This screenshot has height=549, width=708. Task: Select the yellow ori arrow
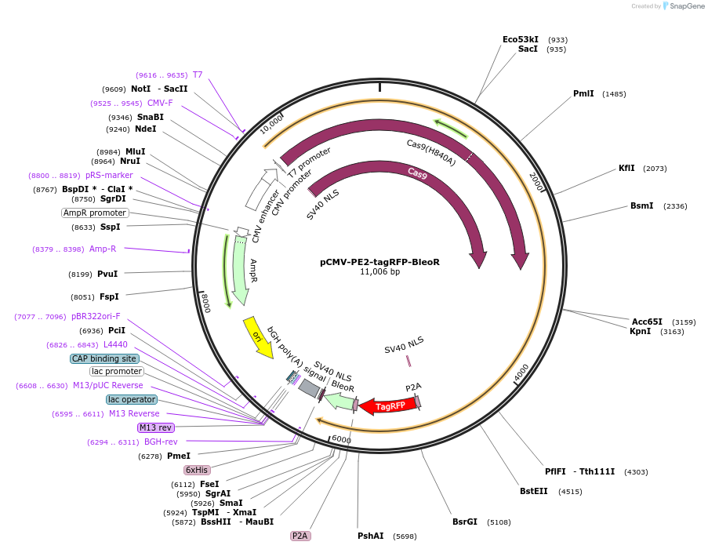click(258, 336)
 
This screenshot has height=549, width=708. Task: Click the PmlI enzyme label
click(583, 93)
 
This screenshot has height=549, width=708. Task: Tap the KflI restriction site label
click(626, 168)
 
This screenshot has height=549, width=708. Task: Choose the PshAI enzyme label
click(370, 536)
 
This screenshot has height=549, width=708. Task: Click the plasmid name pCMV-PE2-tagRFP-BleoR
click(379, 262)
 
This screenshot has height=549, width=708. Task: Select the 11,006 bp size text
click(379, 272)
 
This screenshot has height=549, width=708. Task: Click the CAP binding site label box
click(104, 358)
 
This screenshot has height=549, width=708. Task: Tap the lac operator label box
click(132, 399)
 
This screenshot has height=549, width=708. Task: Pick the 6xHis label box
click(197, 470)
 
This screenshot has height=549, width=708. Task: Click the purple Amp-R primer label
click(103, 249)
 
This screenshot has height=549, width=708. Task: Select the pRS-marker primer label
click(109, 175)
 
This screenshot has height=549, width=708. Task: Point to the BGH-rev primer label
click(161, 442)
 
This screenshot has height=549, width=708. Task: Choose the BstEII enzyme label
click(535, 491)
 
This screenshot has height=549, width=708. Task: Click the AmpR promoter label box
click(95, 213)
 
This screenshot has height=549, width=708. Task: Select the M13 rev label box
click(155, 427)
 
